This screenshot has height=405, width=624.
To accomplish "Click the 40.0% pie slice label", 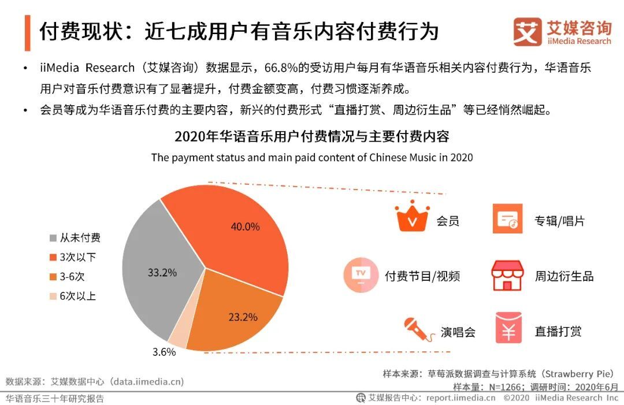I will coord(245,226).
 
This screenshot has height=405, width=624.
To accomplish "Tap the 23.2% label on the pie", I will coord(243,317).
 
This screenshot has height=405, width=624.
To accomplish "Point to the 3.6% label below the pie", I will coord(164,352).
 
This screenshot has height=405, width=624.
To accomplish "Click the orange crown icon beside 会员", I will coord(411,218).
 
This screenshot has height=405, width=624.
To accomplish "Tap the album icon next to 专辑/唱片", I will coord(507,218).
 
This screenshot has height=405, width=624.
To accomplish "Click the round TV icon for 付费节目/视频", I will coord(361,274).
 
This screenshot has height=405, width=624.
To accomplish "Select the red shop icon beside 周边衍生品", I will coord(507,275).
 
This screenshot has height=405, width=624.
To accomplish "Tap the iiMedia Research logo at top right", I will coord(562,31).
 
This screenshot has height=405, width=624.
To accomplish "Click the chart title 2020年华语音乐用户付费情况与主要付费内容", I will coord(311,137).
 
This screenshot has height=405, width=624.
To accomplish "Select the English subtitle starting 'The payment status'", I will coord(311,157).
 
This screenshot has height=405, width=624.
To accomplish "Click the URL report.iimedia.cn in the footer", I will coord(460,397).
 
